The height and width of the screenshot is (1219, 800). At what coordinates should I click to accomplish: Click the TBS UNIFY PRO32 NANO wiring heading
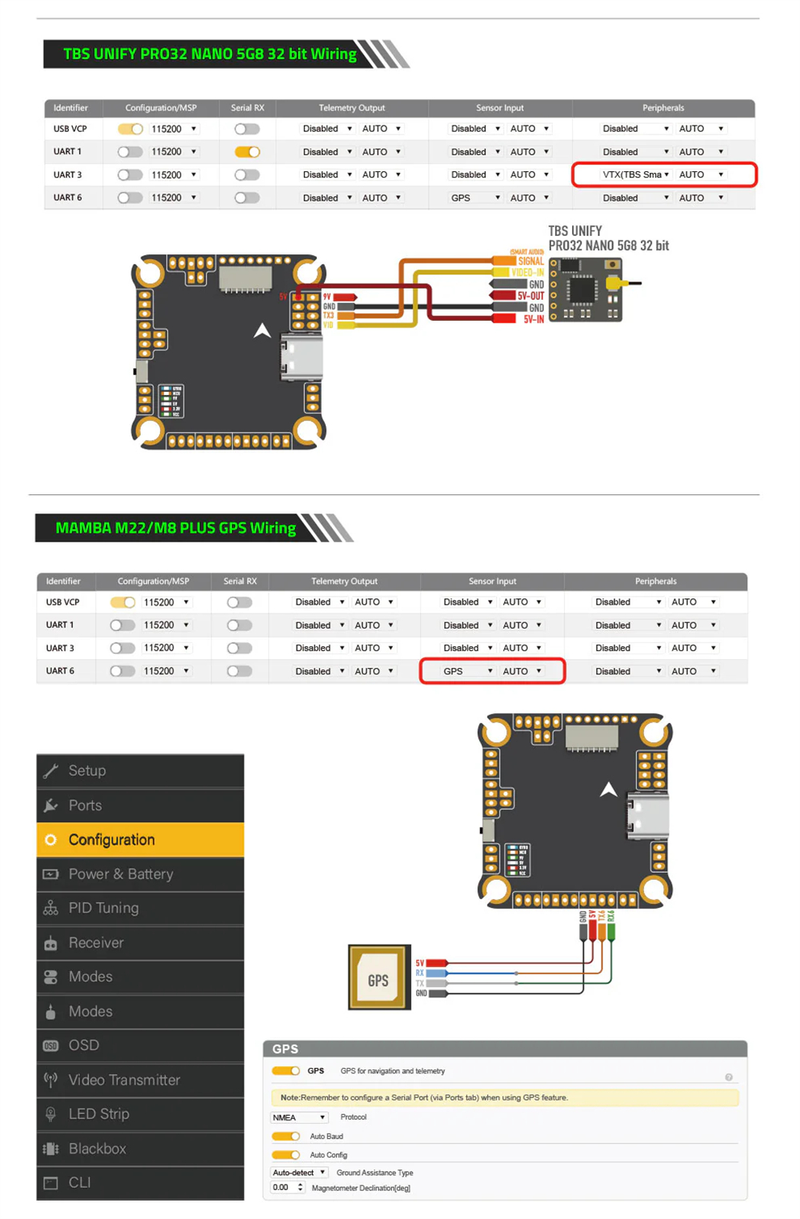click(x=210, y=54)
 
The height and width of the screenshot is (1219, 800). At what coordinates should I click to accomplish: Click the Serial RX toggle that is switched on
click(x=247, y=152)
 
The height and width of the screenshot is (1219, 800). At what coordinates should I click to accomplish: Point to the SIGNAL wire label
click(x=530, y=261)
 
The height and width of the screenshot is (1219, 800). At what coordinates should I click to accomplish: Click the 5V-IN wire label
click(x=534, y=319)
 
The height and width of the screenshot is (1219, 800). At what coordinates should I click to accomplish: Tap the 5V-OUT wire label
click(x=530, y=296)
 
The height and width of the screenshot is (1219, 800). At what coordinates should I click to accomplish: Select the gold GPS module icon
click(x=379, y=977)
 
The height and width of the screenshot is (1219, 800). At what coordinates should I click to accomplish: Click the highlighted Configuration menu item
click(x=140, y=840)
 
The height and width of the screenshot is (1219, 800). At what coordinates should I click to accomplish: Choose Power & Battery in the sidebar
click(x=140, y=874)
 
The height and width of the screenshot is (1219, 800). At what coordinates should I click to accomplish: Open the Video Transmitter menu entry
click(x=140, y=1080)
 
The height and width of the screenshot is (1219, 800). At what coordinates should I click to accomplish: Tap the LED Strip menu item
click(x=140, y=1114)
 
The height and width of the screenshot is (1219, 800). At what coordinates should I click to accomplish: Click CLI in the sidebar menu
click(x=140, y=1182)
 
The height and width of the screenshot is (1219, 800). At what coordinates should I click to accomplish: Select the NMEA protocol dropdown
click(x=299, y=1117)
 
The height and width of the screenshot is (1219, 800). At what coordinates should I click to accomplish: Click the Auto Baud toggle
click(x=286, y=1137)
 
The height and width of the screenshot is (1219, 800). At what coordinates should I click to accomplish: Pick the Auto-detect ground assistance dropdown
click(x=299, y=1173)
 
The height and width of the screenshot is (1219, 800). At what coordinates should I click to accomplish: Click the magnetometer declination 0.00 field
click(x=286, y=1188)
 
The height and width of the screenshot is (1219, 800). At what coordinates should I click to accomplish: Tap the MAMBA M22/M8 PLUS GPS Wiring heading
click(x=175, y=528)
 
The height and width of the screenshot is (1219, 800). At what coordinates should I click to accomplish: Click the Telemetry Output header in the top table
click(x=351, y=108)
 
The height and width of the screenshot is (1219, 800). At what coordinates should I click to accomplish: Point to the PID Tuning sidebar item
click(x=140, y=908)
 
